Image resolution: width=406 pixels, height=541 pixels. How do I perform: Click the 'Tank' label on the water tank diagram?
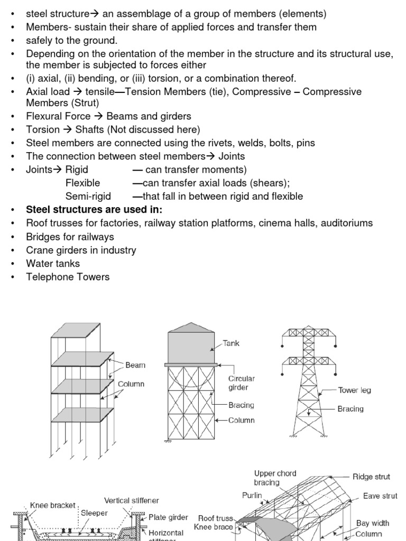[x=231, y=343]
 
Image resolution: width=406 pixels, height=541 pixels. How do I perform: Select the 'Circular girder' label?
[x=242, y=383]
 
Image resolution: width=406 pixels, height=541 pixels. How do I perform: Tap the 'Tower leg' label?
[x=354, y=390]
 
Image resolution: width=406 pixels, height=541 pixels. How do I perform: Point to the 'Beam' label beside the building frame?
[x=135, y=365]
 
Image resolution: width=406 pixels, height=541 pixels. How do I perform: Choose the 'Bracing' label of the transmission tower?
[x=350, y=409]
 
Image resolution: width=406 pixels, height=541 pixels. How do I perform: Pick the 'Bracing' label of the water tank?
[x=241, y=405]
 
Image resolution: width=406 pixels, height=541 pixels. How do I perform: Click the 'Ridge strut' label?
[x=371, y=477]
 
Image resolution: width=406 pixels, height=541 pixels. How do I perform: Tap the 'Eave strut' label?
[x=380, y=496]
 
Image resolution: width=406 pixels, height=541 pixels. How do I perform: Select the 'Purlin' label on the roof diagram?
[x=252, y=496]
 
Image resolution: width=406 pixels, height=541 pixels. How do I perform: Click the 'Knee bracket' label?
[x=53, y=505]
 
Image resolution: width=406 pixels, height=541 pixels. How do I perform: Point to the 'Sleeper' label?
[x=94, y=512]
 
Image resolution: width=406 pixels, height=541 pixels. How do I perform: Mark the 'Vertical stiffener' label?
[x=131, y=500]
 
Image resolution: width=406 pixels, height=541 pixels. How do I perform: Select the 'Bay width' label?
[x=373, y=523]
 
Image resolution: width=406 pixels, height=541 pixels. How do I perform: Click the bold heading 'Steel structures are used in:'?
[x=94, y=210]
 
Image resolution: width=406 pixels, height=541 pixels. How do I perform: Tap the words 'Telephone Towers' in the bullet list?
[x=68, y=277]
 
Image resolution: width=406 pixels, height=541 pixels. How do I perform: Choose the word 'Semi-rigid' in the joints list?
[x=88, y=197]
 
